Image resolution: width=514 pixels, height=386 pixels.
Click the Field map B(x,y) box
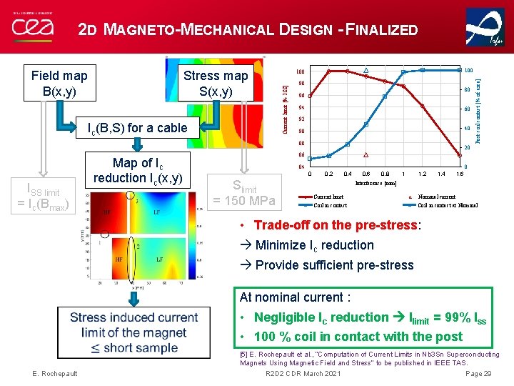[60, 84]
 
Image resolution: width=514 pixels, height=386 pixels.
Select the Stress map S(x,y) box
[216, 84]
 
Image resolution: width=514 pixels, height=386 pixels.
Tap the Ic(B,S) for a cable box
[137, 128]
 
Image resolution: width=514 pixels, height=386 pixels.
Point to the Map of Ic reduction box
[137, 170]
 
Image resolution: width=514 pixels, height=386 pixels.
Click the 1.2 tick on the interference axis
[423, 174]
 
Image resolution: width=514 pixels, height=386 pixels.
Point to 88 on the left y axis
[301, 144]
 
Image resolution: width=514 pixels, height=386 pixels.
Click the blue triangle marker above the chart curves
[366, 70]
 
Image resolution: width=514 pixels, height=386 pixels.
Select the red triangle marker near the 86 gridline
[366, 155]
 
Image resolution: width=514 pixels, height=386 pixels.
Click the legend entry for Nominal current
[435, 196]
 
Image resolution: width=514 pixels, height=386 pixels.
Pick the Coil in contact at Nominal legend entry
[448, 205]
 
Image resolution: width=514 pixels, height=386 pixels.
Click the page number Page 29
[478, 374]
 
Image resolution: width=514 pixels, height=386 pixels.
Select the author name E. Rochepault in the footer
[56, 374]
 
